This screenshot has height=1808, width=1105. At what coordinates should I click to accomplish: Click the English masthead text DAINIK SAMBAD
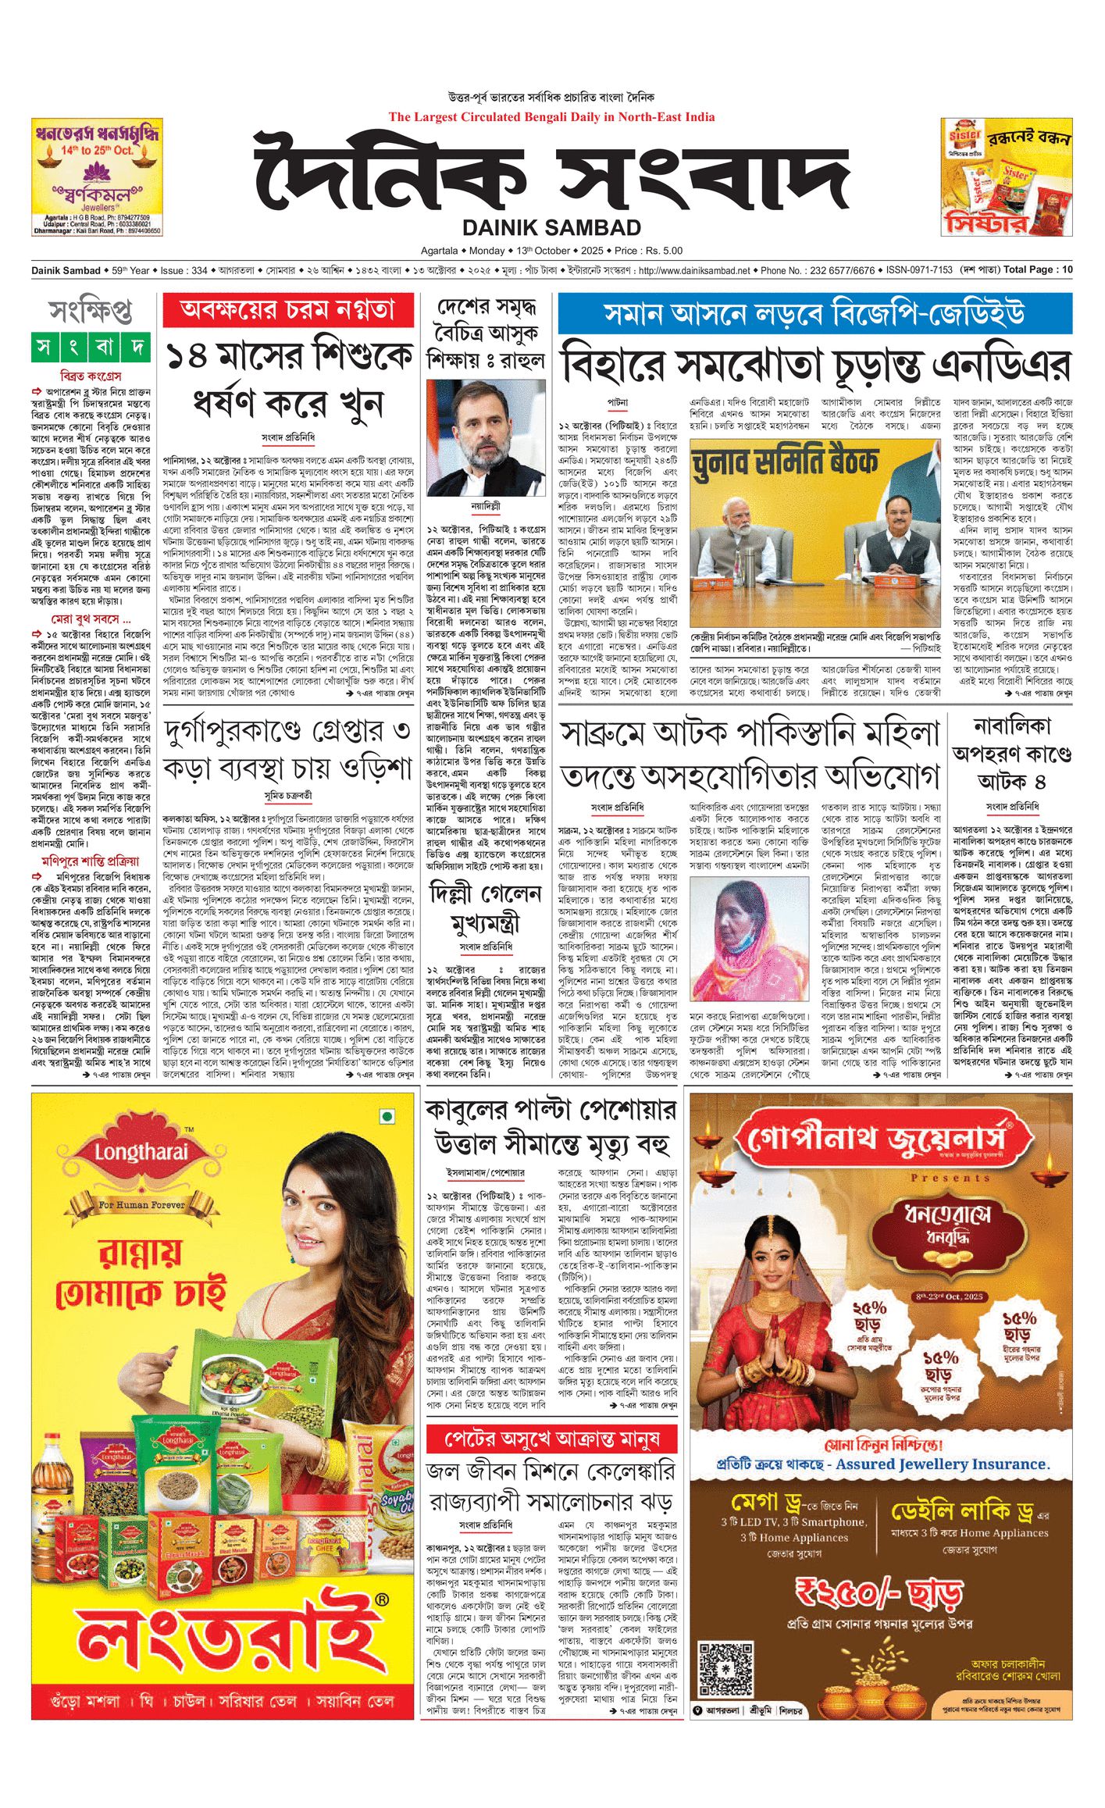pos(551,227)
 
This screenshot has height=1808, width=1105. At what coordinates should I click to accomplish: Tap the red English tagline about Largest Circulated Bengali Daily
pos(551,117)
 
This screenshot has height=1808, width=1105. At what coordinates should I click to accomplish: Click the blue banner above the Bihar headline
pos(814,313)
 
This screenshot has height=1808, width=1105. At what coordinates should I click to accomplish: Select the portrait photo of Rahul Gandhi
pos(485,438)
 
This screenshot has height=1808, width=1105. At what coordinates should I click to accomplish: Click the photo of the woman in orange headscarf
pos(749,950)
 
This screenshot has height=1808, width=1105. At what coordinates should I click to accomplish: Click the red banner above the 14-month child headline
pos(288,310)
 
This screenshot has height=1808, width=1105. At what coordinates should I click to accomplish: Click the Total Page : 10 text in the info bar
pos(1038,270)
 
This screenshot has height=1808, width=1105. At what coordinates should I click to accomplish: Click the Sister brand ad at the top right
pos(1006,177)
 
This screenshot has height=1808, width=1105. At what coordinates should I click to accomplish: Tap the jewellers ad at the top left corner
pos(97,177)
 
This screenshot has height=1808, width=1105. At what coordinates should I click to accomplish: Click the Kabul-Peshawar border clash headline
pos(551,1127)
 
